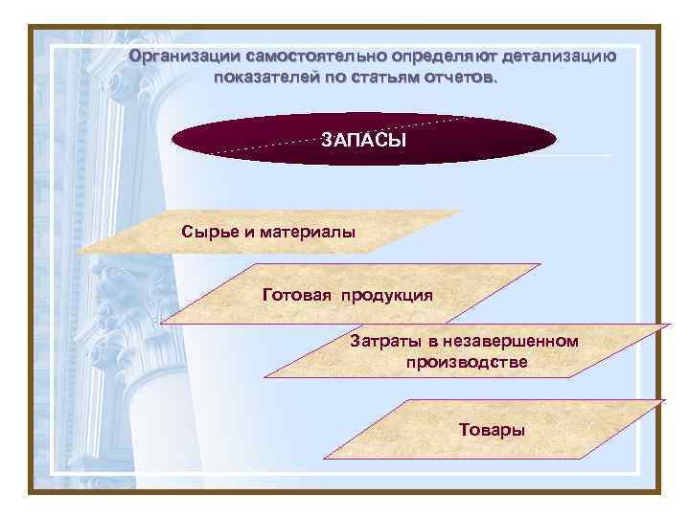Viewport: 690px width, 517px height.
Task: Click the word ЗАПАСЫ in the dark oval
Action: [363, 141]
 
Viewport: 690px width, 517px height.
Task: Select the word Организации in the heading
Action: [186, 56]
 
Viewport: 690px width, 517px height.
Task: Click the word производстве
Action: [466, 363]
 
